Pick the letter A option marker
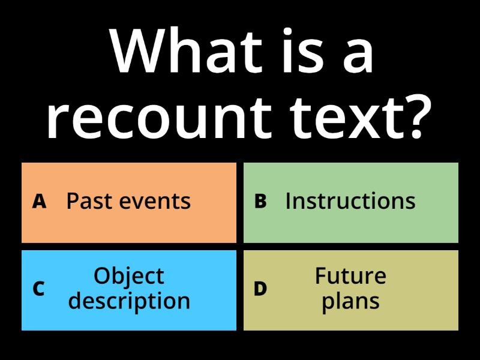coord(39,202)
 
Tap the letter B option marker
coord(260,202)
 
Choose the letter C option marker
coord(39,289)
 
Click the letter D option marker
coord(260,289)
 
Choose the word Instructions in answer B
coord(350,202)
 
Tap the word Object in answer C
coord(129,276)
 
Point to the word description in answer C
coord(129,301)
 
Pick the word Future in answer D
coord(350,276)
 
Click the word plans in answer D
coord(350,301)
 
